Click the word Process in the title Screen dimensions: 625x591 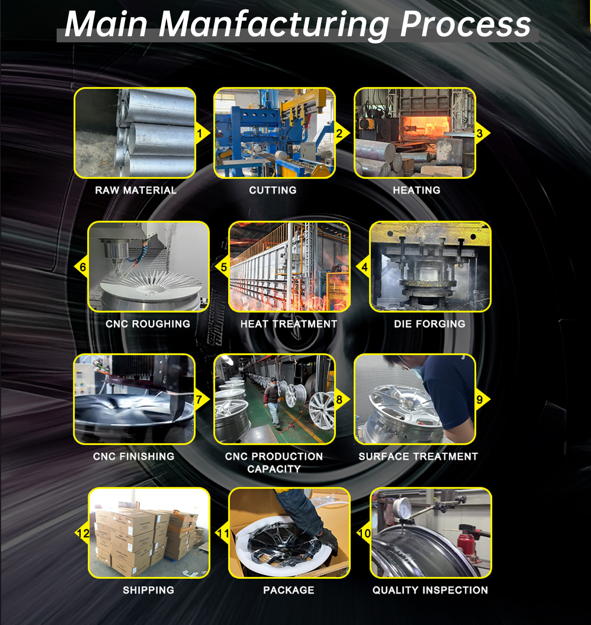(465, 24)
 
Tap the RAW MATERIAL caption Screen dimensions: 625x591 (135, 190)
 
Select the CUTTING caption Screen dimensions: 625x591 (272, 190)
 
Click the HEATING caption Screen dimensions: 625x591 (416, 190)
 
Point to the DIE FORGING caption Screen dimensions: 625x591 (429, 324)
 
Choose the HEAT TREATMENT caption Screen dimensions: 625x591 (289, 324)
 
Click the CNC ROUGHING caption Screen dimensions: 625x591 (148, 324)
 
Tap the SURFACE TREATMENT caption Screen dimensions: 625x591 (418, 457)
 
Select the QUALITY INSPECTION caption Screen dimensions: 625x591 (430, 590)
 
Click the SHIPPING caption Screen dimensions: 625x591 (148, 590)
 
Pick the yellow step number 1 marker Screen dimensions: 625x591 (200, 133)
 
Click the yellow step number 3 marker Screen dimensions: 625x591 (480, 133)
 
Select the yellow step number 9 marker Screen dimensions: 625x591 (480, 400)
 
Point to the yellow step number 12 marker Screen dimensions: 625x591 (83, 533)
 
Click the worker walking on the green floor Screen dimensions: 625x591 (272, 401)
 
